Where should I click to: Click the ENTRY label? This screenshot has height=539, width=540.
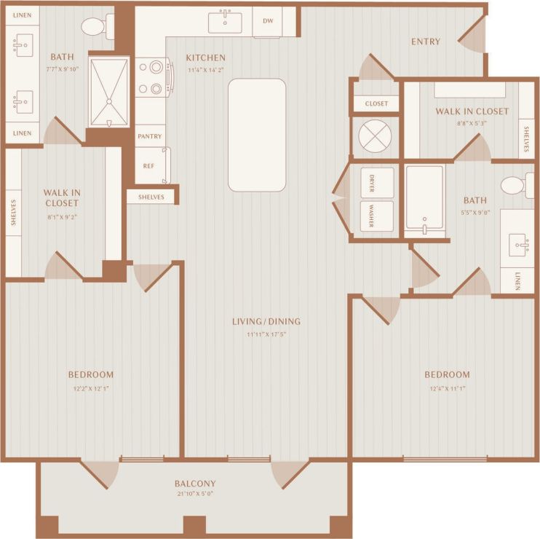tap(425, 42)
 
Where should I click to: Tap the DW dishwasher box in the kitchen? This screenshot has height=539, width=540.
tap(267, 21)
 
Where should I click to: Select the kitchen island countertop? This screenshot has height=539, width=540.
tap(257, 135)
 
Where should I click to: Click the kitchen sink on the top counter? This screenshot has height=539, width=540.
tap(225, 22)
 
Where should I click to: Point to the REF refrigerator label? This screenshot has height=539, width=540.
tap(148, 165)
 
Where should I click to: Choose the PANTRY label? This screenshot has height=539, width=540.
tap(150, 136)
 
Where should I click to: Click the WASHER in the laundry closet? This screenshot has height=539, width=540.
tap(377, 216)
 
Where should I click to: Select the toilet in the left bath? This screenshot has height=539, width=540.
tap(95, 27)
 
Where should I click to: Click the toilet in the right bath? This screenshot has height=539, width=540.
tap(515, 185)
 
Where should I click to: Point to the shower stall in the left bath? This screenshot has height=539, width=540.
tap(108, 91)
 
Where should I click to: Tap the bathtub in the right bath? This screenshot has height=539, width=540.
tap(424, 200)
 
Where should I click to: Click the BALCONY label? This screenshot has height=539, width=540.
tap(194, 484)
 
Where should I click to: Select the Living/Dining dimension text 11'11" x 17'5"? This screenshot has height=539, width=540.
tap(266, 334)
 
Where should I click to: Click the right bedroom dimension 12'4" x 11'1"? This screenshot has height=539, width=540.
tap(447, 388)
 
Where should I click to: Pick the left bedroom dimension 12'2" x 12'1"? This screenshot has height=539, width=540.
tap(90, 388)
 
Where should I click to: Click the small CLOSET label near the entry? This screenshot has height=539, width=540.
tap(376, 103)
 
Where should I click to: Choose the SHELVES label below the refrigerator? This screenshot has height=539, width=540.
tap(151, 197)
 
